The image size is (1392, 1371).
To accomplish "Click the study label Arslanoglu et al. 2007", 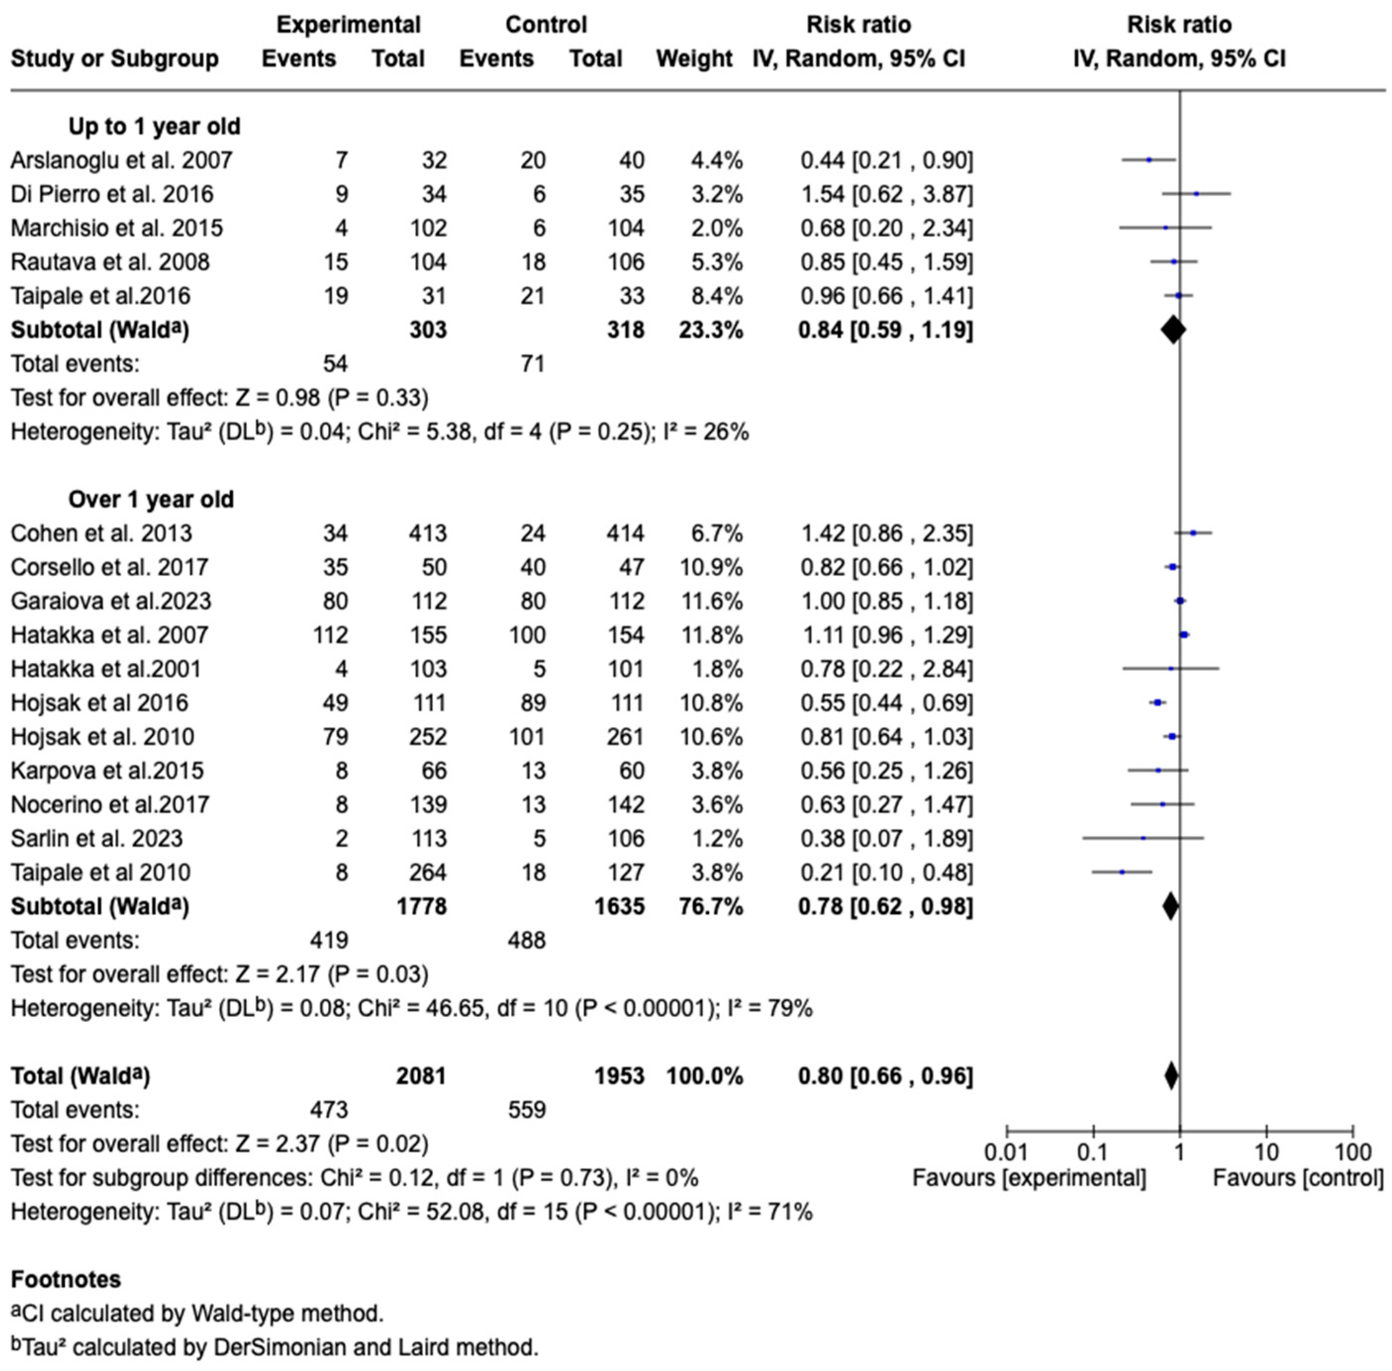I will tap(121, 160).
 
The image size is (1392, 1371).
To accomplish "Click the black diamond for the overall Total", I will tap(1171, 1076).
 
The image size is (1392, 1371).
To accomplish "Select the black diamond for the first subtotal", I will tap(1173, 330).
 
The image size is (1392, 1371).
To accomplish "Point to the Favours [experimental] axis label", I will tap(1029, 1179).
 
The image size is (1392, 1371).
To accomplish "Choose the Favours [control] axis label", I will tap(1298, 1179).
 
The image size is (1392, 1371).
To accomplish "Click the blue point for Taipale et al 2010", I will tap(1122, 873).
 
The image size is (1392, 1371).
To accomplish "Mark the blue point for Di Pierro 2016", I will tap(1196, 194).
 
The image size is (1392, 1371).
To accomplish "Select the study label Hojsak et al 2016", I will tap(99, 703).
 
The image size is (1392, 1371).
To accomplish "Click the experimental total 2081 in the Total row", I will tap(421, 1076).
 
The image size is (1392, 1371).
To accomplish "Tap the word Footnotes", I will tap(66, 1280).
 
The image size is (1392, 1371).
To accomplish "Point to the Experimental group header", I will tap(348, 25).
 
